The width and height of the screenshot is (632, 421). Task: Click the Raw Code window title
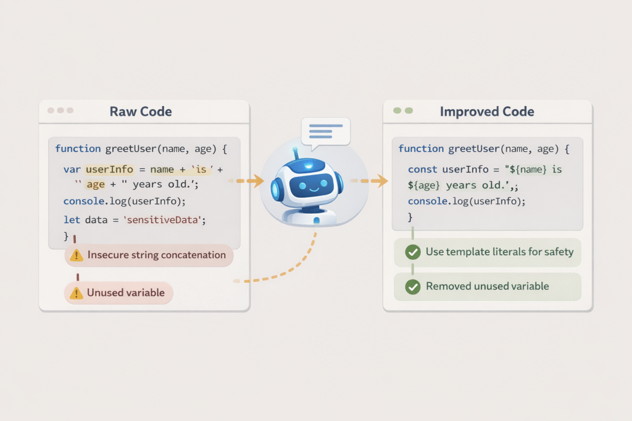coord(141,112)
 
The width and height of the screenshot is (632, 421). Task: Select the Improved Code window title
coord(487,112)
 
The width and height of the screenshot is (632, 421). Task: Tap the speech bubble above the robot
coord(325,131)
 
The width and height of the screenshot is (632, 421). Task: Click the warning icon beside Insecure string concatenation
coord(77,255)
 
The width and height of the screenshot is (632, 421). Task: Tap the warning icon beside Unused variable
coord(77,293)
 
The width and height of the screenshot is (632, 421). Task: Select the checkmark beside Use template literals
coord(412,251)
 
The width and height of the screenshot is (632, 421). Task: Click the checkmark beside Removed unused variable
coord(412,287)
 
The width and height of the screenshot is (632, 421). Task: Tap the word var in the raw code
coord(72,169)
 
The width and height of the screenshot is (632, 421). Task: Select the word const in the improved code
coord(422,169)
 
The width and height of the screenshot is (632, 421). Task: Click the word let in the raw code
coord(72,219)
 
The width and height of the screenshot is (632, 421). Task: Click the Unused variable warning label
coord(125,293)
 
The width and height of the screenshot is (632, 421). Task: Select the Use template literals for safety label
coord(499,251)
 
